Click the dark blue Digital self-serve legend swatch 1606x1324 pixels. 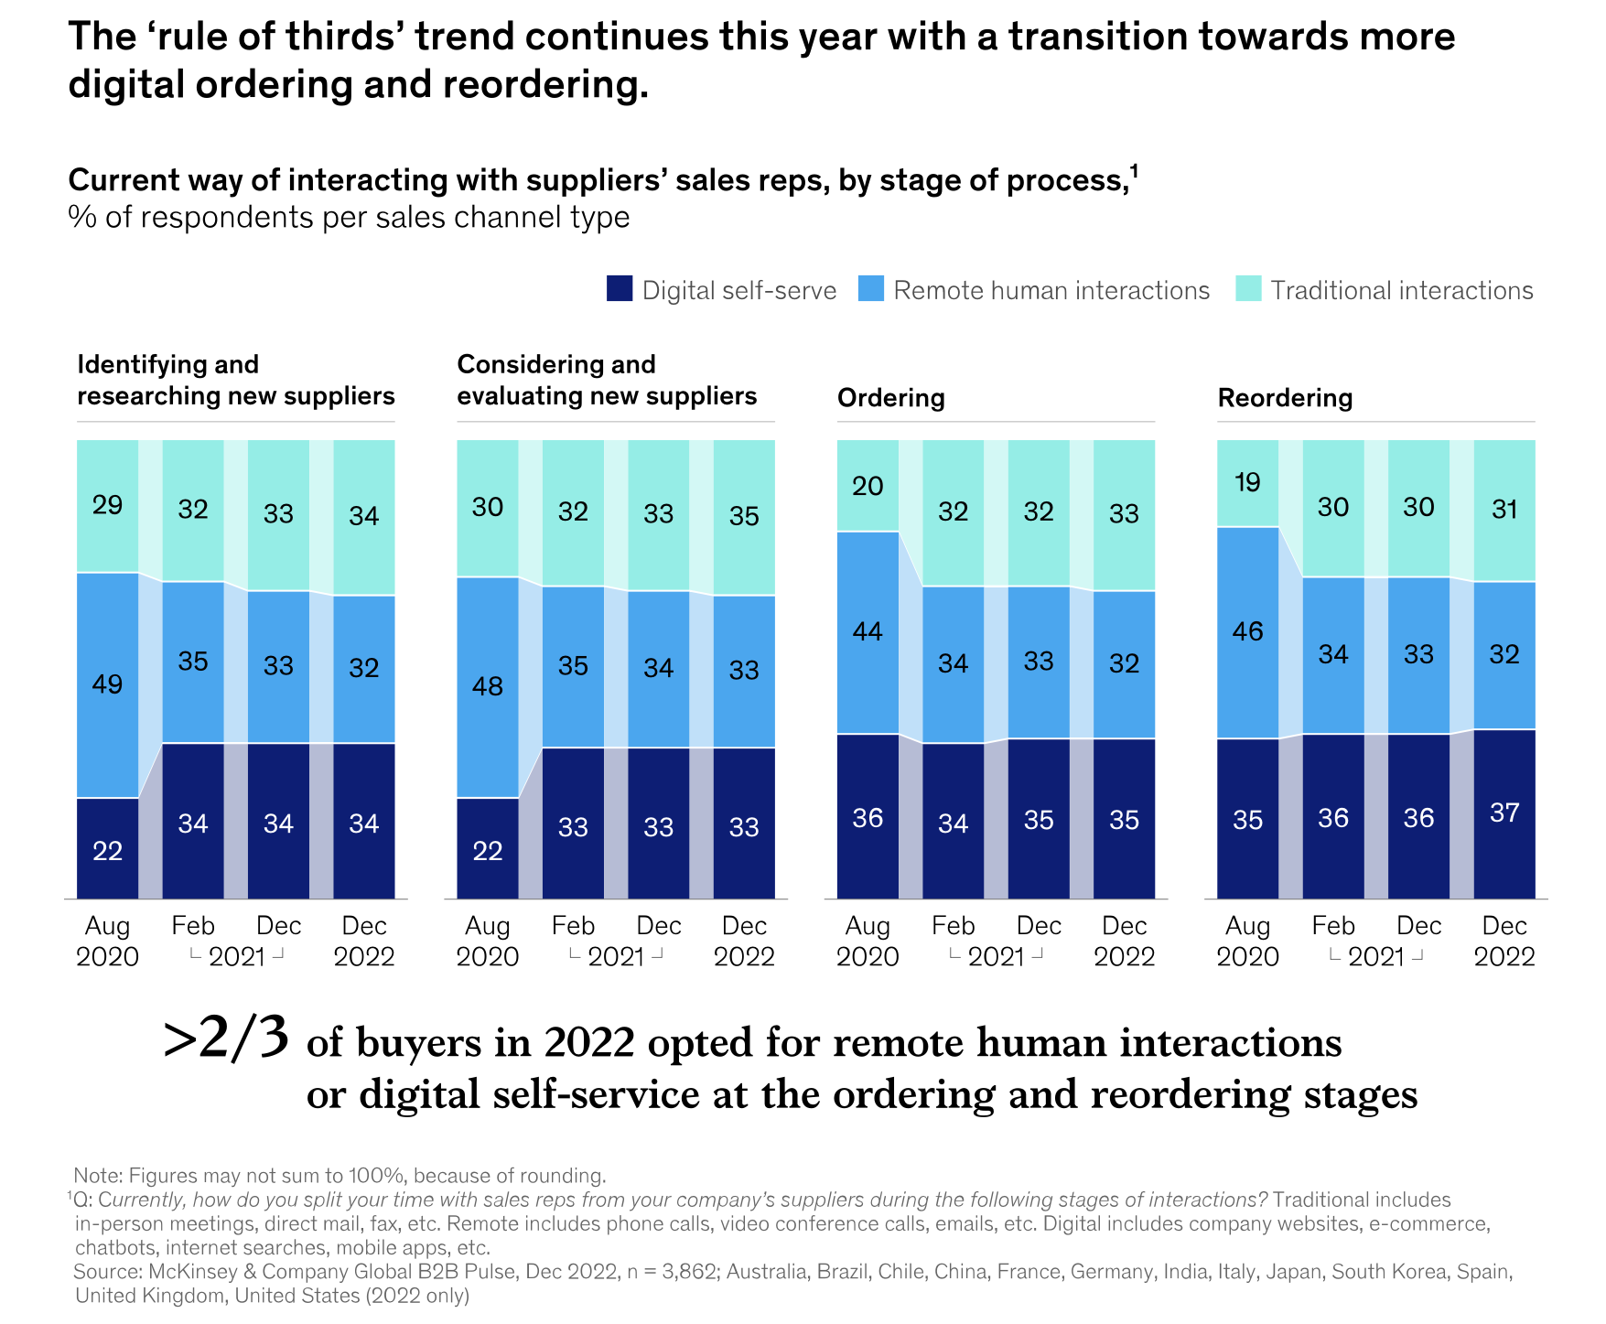620,289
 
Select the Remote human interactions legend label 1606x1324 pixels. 1051,290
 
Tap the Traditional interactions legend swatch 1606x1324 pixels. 1248,289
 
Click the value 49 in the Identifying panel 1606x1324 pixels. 107,684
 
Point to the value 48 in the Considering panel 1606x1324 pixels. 488,686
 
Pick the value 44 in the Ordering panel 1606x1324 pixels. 868,631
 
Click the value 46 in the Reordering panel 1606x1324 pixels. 1247,631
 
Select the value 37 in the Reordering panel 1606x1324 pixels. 1504,813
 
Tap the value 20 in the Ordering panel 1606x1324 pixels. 868,486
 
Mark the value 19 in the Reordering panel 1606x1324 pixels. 1247,482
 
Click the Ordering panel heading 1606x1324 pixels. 890,398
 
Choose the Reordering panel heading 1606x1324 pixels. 1285,398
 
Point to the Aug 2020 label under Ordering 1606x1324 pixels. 868,942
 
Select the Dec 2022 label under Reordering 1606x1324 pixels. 1504,942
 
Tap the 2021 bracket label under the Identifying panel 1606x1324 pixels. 236,957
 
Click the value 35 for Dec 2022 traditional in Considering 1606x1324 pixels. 744,516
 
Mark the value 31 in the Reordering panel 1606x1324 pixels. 1504,509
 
